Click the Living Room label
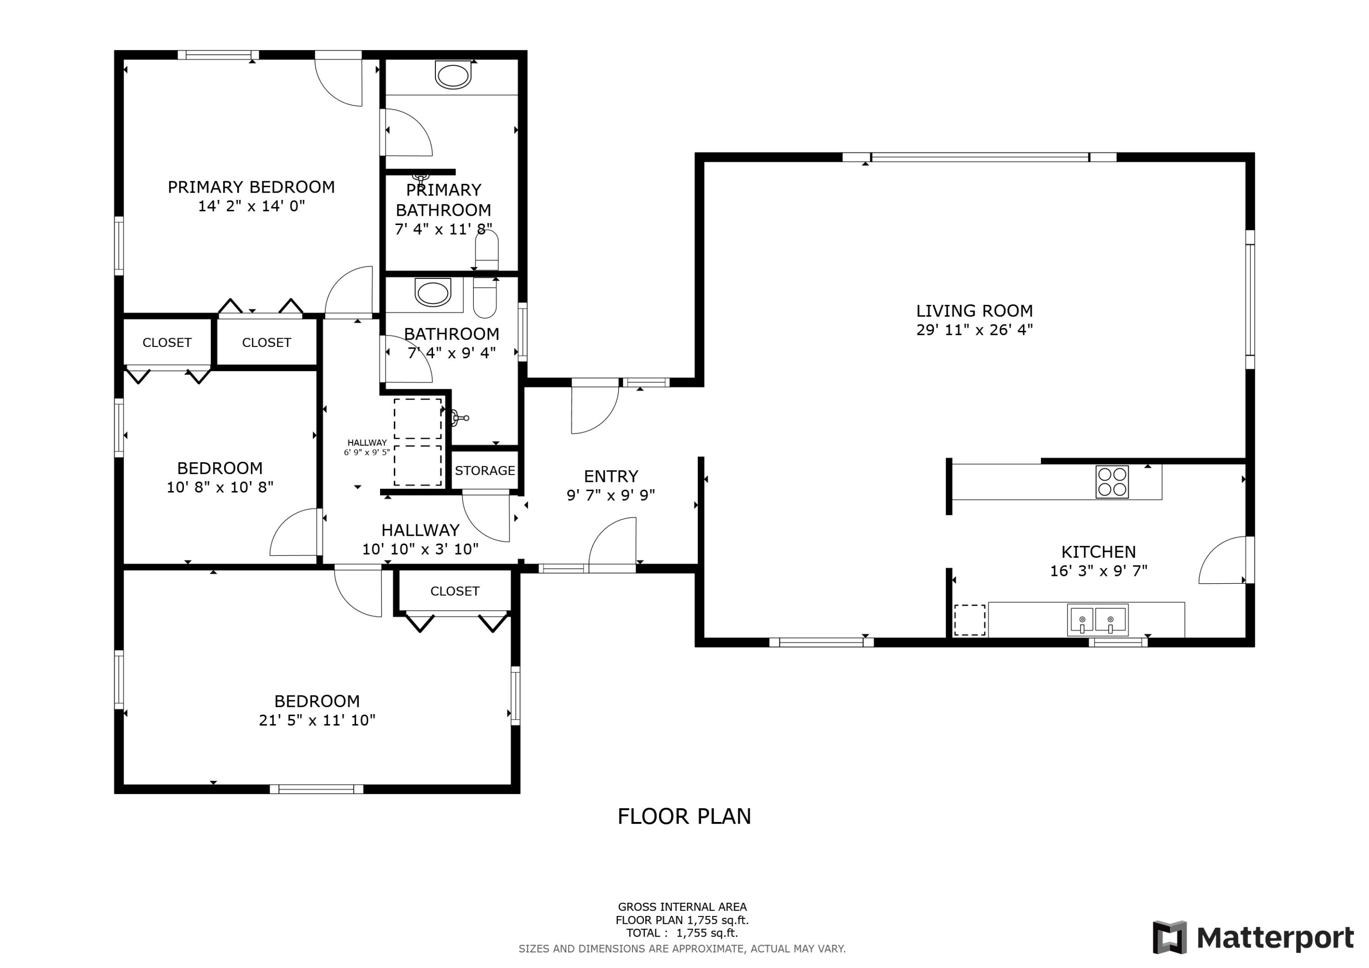point(974,311)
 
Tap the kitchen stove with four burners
point(1112,481)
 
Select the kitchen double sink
point(1097,620)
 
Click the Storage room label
point(485,471)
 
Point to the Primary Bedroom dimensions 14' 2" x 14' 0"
point(251,206)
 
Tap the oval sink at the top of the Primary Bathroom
point(453,76)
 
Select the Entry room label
point(611,476)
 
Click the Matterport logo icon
point(1169,937)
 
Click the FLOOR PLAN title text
point(684,816)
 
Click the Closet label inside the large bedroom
point(455,591)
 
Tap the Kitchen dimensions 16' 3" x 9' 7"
point(1098,571)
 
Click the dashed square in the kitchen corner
point(970,620)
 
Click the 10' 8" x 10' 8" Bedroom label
point(219,477)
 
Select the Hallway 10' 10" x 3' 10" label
point(420,539)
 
